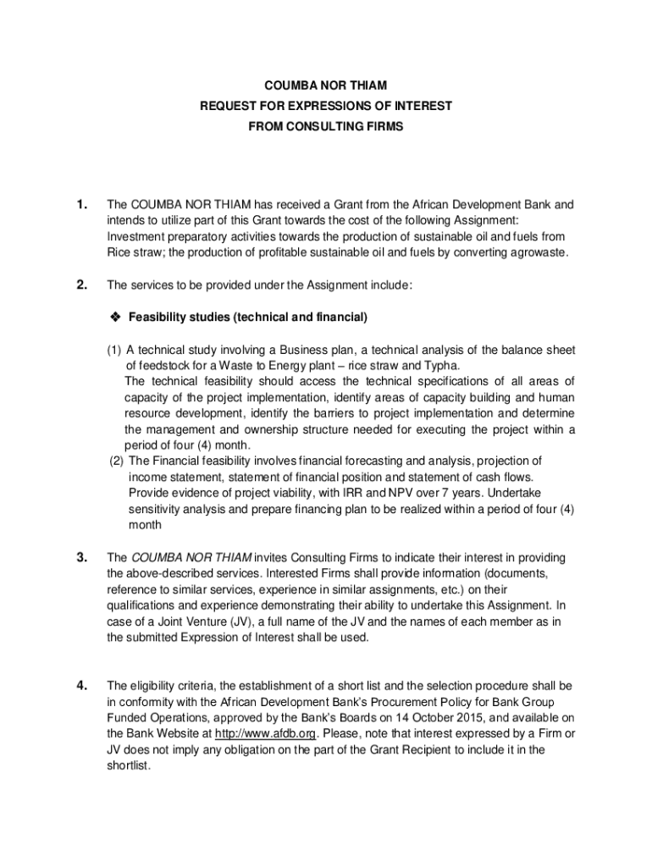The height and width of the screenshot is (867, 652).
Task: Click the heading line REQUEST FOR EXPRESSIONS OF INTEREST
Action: [x=326, y=106]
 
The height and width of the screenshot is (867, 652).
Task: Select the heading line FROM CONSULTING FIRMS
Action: [x=326, y=126]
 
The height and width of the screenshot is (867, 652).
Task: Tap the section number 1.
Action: [x=81, y=205]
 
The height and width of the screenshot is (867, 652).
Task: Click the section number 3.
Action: [x=81, y=557]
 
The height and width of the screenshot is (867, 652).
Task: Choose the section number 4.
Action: [x=81, y=685]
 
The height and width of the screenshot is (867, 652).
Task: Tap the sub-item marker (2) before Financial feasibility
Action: [x=117, y=461]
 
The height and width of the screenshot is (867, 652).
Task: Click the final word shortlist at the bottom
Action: [x=127, y=765]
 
